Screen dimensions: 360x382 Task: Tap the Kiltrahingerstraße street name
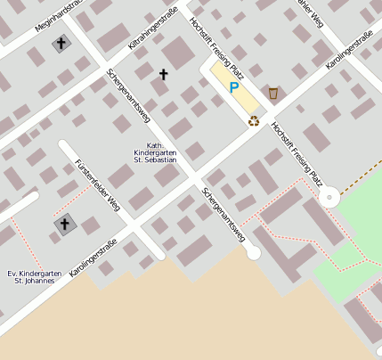point(153,28)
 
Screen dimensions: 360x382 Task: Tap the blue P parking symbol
point(234,87)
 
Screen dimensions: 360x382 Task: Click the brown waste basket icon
point(273,94)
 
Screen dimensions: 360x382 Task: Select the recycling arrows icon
point(254,121)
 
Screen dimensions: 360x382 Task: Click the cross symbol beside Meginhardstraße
point(61,43)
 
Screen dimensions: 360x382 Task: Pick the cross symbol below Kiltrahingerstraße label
point(163,75)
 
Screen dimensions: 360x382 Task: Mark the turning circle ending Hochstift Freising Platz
point(329,196)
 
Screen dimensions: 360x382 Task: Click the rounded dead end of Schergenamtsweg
point(253,253)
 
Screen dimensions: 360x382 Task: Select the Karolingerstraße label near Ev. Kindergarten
point(93,263)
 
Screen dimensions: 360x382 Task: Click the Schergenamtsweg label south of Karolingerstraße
point(223,215)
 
